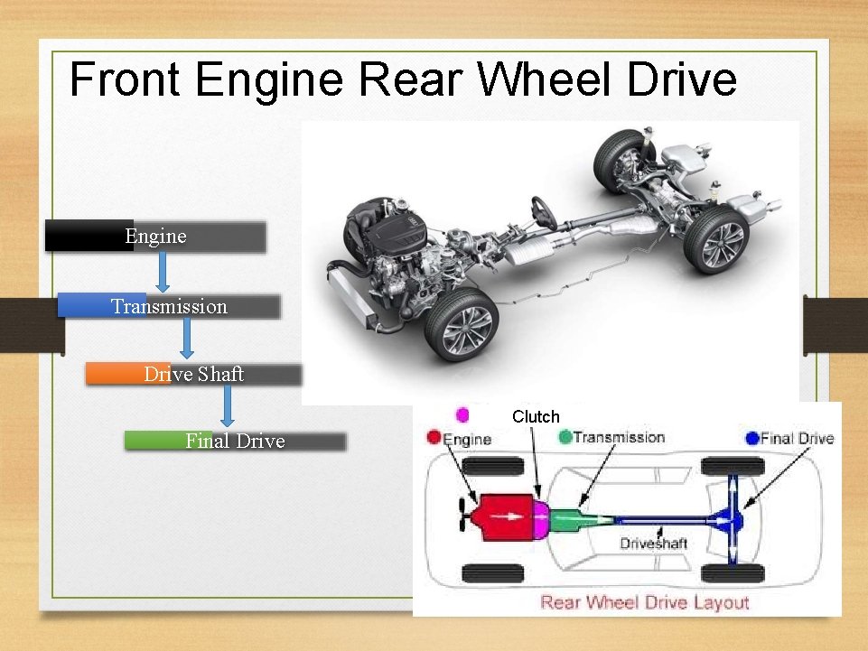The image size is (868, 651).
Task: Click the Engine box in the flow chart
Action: [x=155, y=237]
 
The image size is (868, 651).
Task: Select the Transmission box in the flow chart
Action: [x=169, y=306]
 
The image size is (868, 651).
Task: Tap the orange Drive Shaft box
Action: [x=193, y=374]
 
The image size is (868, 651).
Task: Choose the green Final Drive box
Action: [x=235, y=441]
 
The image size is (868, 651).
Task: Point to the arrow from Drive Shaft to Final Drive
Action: [x=228, y=406]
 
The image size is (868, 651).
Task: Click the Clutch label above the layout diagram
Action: [x=536, y=417]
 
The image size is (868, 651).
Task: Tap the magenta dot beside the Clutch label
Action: [x=463, y=414]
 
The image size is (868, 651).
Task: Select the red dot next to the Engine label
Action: [x=434, y=438]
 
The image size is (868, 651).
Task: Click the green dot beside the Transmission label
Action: [x=565, y=437]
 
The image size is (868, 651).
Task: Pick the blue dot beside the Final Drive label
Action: [x=752, y=438]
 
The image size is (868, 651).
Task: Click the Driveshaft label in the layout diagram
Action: [x=653, y=543]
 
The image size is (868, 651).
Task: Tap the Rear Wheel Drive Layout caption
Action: [x=644, y=601]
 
